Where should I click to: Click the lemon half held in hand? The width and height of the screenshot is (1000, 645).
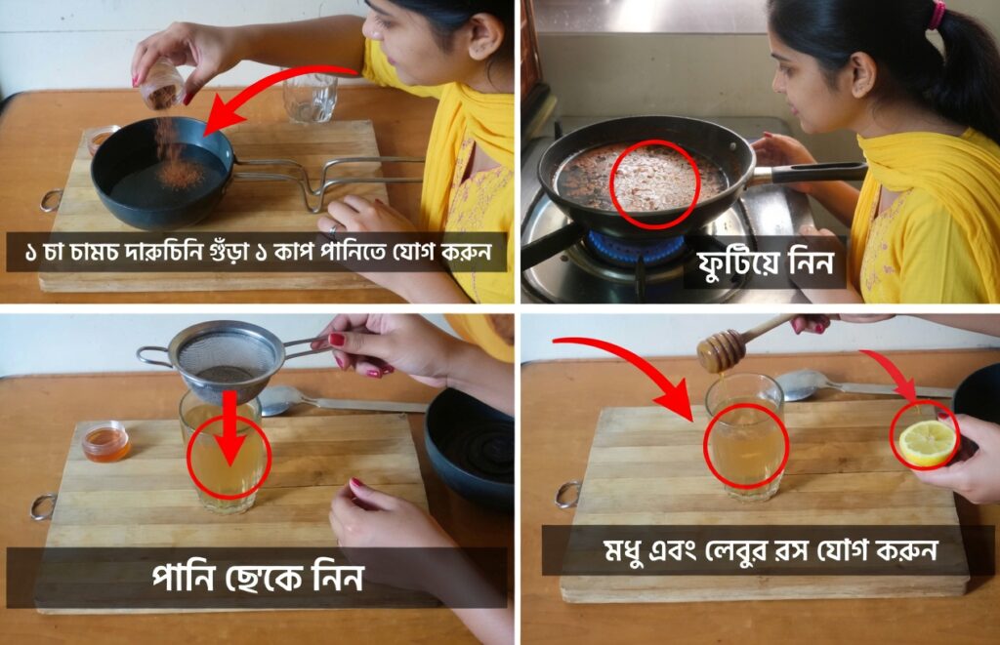pyautogui.click(x=927, y=442)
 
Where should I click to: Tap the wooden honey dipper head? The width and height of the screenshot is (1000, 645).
pyautogui.click(x=722, y=352)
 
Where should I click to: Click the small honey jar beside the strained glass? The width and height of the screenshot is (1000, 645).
pyautogui.click(x=105, y=441)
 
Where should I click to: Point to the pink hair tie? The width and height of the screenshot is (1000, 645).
pyautogui.click(x=937, y=14)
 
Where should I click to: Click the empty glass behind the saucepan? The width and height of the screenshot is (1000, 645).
pyautogui.click(x=310, y=97)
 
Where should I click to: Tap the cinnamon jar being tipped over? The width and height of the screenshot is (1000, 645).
pyautogui.click(x=162, y=84)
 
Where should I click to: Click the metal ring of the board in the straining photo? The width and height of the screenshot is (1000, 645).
pyautogui.click(x=42, y=507)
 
